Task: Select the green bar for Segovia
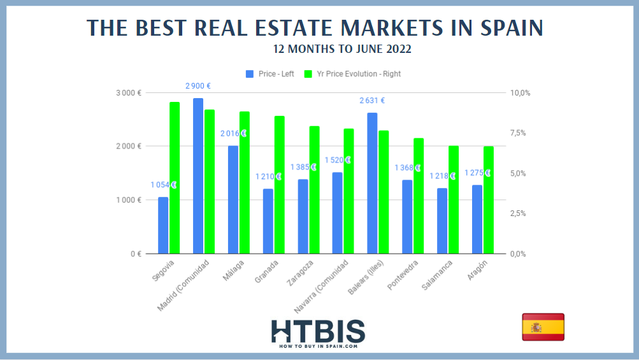(x=175, y=178)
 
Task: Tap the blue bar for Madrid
(x=198, y=176)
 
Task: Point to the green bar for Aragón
(x=489, y=200)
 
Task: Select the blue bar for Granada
(x=268, y=221)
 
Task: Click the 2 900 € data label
(x=198, y=86)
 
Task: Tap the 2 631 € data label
(x=372, y=101)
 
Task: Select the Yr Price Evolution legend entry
(x=353, y=74)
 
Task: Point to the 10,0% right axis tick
(x=521, y=93)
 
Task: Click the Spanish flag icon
(x=543, y=327)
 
